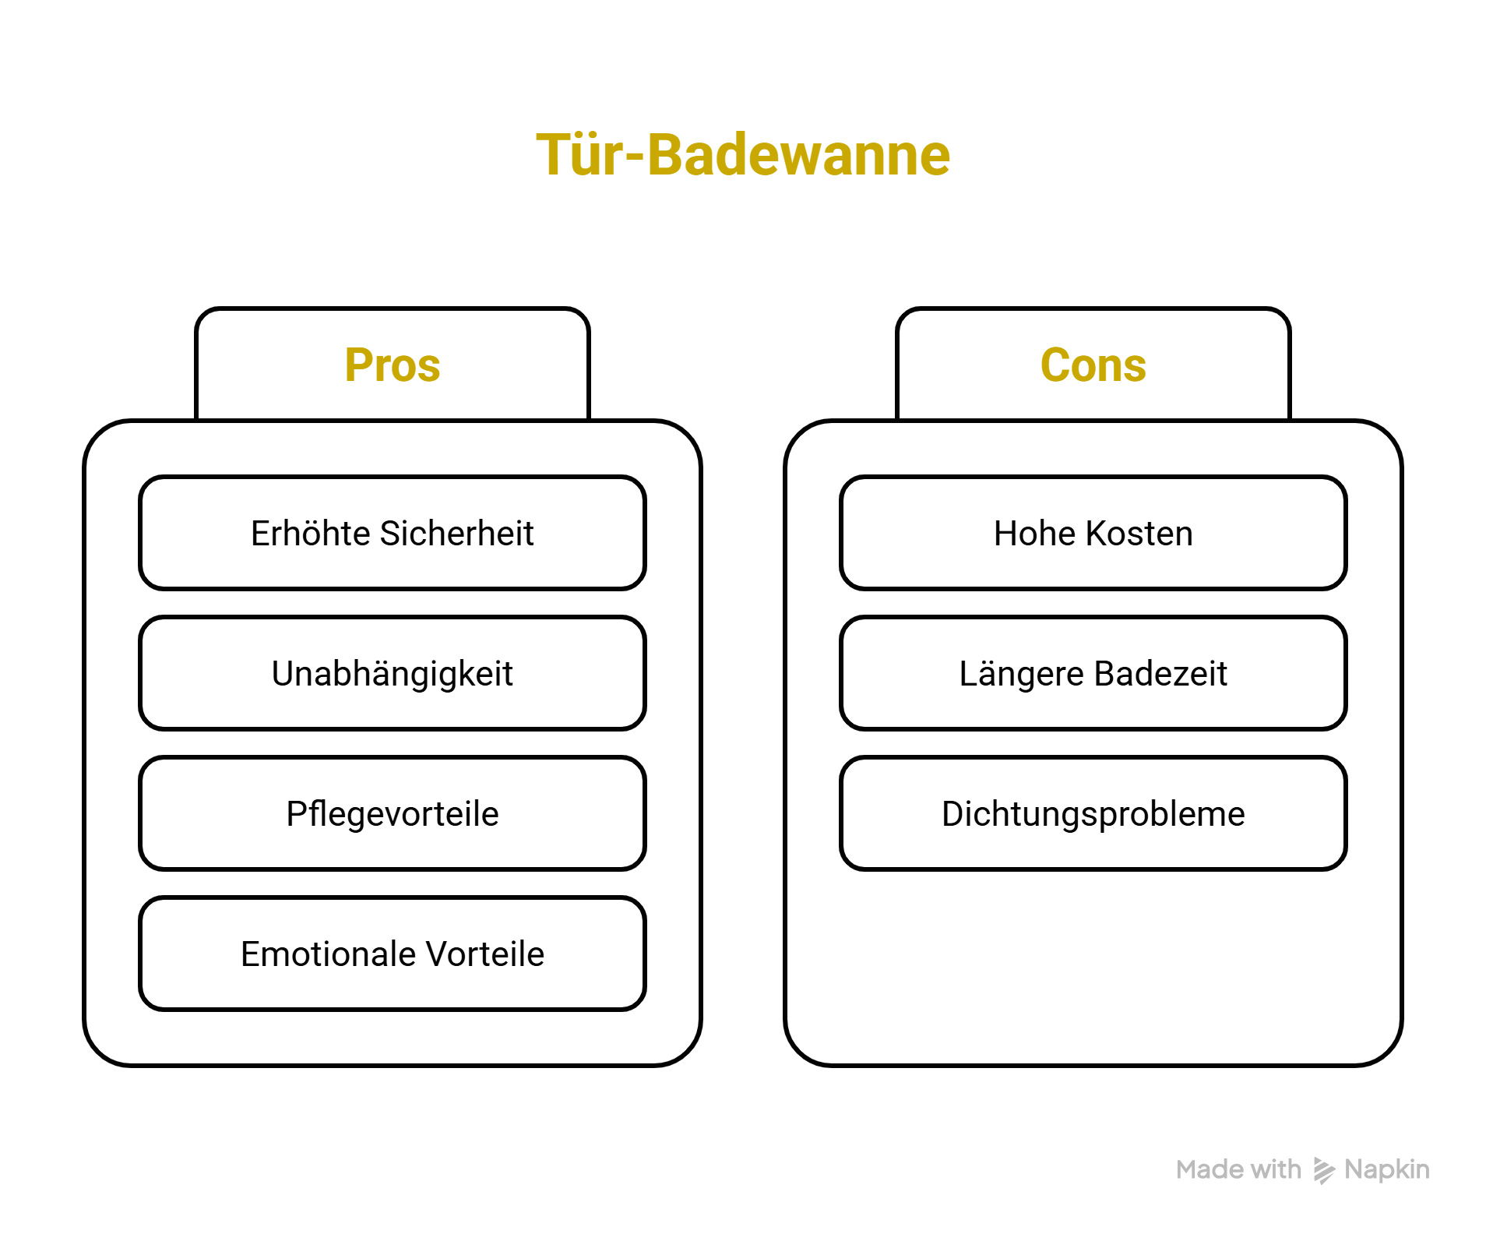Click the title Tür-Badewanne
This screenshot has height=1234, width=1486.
743,155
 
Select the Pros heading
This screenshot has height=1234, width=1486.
393,365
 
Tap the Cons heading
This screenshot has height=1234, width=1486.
1093,365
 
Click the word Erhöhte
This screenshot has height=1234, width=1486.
310,534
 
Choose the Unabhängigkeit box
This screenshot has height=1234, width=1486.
393,673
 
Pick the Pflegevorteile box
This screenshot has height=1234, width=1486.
393,813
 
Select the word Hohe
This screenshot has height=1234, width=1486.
1034,534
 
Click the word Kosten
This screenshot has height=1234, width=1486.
1139,534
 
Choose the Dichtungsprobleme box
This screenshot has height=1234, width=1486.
1093,813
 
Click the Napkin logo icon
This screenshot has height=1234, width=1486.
1323,1170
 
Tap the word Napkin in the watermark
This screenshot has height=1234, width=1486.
1386,1169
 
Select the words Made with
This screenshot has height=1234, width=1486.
1238,1169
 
